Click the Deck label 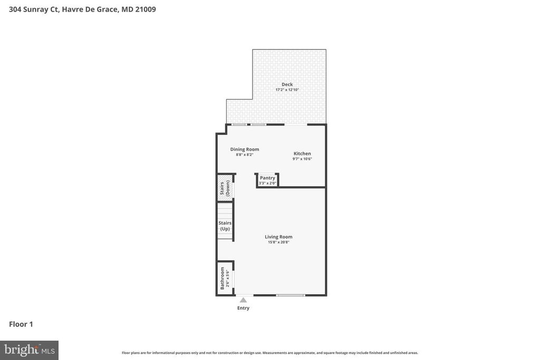pyautogui.click(x=287, y=84)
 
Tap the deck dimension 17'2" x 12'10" pyautogui.click(x=287, y=90)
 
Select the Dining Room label pyautogui.click(x=245, y=149)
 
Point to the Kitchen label pyautogui.click(x=302, y=153)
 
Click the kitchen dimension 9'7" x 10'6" pyautogui.click(x=302, y=159)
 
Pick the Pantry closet pyautogui.click(x=267, y=180)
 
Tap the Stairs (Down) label pyautogui.click(x=225, y=188)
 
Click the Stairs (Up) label pyautogui.click(x=225, y=226)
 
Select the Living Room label pyautogui.click(x=278, y=237)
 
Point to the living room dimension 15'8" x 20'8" pyautogui.click(x=278, y=242)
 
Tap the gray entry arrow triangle pyautogui.click(x=243, y=300)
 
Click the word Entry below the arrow pyautogui.click(x=243, y=308)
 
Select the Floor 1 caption pyautogui.click(x=21, y=324)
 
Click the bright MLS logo pyautogui.click(x=29, y=350)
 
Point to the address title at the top pyautogui.click(x=82, y=9)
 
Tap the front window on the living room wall pyautogui.click(x=291, y=295)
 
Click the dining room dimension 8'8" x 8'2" pyautogui.click(x=245, y=154)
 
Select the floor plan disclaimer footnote pyautogui.click(x=270, y=353)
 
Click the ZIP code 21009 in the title pyautogui.click(x=145, y=9)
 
